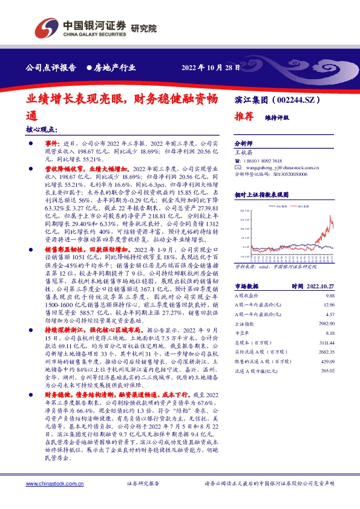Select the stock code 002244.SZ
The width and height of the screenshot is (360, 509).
coord(299,99)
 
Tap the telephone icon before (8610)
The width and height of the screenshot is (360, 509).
coord(237,161)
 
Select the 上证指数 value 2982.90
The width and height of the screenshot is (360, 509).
coord(326,324)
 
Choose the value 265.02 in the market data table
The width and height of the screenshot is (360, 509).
coord(327,371)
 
